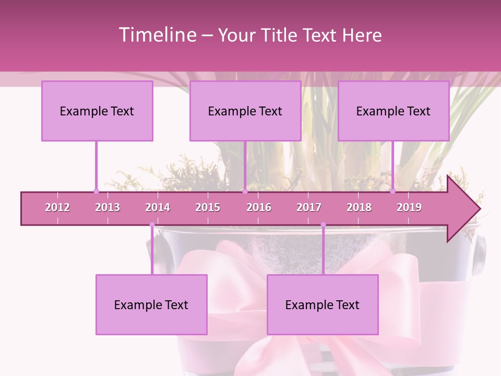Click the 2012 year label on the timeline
57,207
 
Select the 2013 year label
108,207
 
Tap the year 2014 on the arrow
158,207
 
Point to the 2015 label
208,207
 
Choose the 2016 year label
259,207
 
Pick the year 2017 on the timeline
309,207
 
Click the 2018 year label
359,207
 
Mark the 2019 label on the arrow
409,207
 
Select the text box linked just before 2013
97,111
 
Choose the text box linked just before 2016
245,111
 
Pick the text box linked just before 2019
393,111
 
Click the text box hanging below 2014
151,304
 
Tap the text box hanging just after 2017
323,304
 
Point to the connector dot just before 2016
245,191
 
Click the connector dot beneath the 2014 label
152,225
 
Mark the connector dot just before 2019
393,191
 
